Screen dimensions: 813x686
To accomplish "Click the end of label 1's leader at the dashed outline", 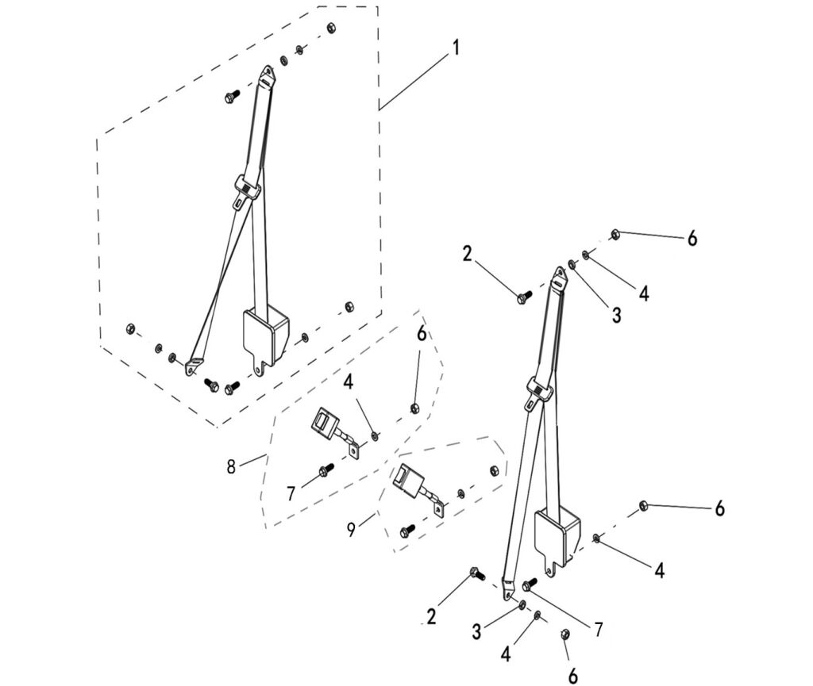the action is point(379,109).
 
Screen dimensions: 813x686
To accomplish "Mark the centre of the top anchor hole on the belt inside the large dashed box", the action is point(268,72).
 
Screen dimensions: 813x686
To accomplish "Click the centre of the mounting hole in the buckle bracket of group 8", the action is point(355,451).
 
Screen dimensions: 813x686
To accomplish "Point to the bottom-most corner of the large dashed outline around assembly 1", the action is point(217,427).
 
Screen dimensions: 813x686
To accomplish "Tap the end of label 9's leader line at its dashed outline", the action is point(375,513).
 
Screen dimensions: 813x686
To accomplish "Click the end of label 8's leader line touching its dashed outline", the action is point(267,454).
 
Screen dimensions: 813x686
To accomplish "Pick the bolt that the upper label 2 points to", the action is point(525,297).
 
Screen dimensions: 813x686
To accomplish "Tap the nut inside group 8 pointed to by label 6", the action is point(414,408).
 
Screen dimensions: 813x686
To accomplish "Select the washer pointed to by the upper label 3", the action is point(572,265).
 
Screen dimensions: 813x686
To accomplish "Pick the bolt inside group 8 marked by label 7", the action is point(326,469).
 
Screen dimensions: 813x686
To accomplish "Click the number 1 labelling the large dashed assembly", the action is point(457,48).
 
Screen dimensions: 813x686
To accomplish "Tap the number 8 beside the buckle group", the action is point(231,466).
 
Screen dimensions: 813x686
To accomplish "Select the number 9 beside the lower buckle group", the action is point(352,529).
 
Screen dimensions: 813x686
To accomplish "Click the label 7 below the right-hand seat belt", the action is point(599,630).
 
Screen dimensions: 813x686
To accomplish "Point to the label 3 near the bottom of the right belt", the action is point(476,631).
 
